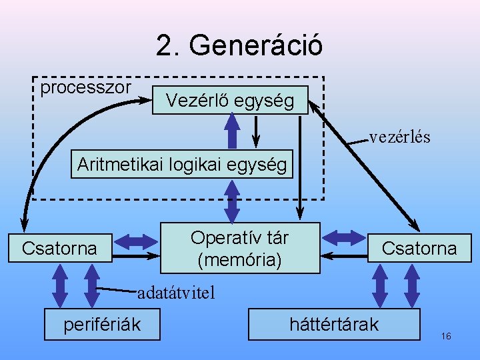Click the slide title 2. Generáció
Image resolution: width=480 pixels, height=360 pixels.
239,45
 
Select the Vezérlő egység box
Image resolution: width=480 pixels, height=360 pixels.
230,101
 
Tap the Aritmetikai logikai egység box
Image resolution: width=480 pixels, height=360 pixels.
182,164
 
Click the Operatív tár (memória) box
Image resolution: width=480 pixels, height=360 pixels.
239,248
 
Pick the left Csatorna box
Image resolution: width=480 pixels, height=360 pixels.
59,249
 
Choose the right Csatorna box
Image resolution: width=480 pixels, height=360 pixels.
419,249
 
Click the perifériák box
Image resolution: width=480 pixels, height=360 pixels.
101,324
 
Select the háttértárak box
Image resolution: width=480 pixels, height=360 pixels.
333,324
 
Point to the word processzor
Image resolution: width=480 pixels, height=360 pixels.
86,87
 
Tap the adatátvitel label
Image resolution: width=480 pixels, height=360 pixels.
176,293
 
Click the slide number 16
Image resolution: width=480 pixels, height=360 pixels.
446,336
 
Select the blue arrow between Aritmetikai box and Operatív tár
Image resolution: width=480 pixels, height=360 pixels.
232,201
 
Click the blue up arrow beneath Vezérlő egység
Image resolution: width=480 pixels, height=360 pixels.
232,131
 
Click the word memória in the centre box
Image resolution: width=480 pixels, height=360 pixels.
239,259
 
